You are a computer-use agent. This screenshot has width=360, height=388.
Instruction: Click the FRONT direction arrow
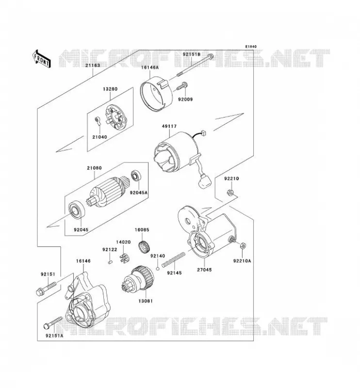click(42, 59)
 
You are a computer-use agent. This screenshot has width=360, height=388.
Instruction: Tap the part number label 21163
click(93, 65)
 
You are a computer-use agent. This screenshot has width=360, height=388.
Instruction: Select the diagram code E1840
click(251, 47)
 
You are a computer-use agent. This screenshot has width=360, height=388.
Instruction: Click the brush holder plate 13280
click(116, 117)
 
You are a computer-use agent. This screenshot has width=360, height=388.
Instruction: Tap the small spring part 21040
click(98, 120)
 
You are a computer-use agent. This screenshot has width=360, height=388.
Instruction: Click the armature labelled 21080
click(110, 192)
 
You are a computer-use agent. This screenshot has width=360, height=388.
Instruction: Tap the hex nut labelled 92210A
click(243, 246)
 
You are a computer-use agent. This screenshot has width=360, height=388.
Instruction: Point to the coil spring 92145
click(174, 259)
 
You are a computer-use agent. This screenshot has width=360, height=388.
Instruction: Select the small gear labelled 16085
click(144, 247)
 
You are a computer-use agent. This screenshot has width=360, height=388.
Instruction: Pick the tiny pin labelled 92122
click(111, 261)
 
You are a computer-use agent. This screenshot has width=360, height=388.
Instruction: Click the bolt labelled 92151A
click(53, 323)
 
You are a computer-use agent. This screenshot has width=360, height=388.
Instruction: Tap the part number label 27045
click(204, 270)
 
